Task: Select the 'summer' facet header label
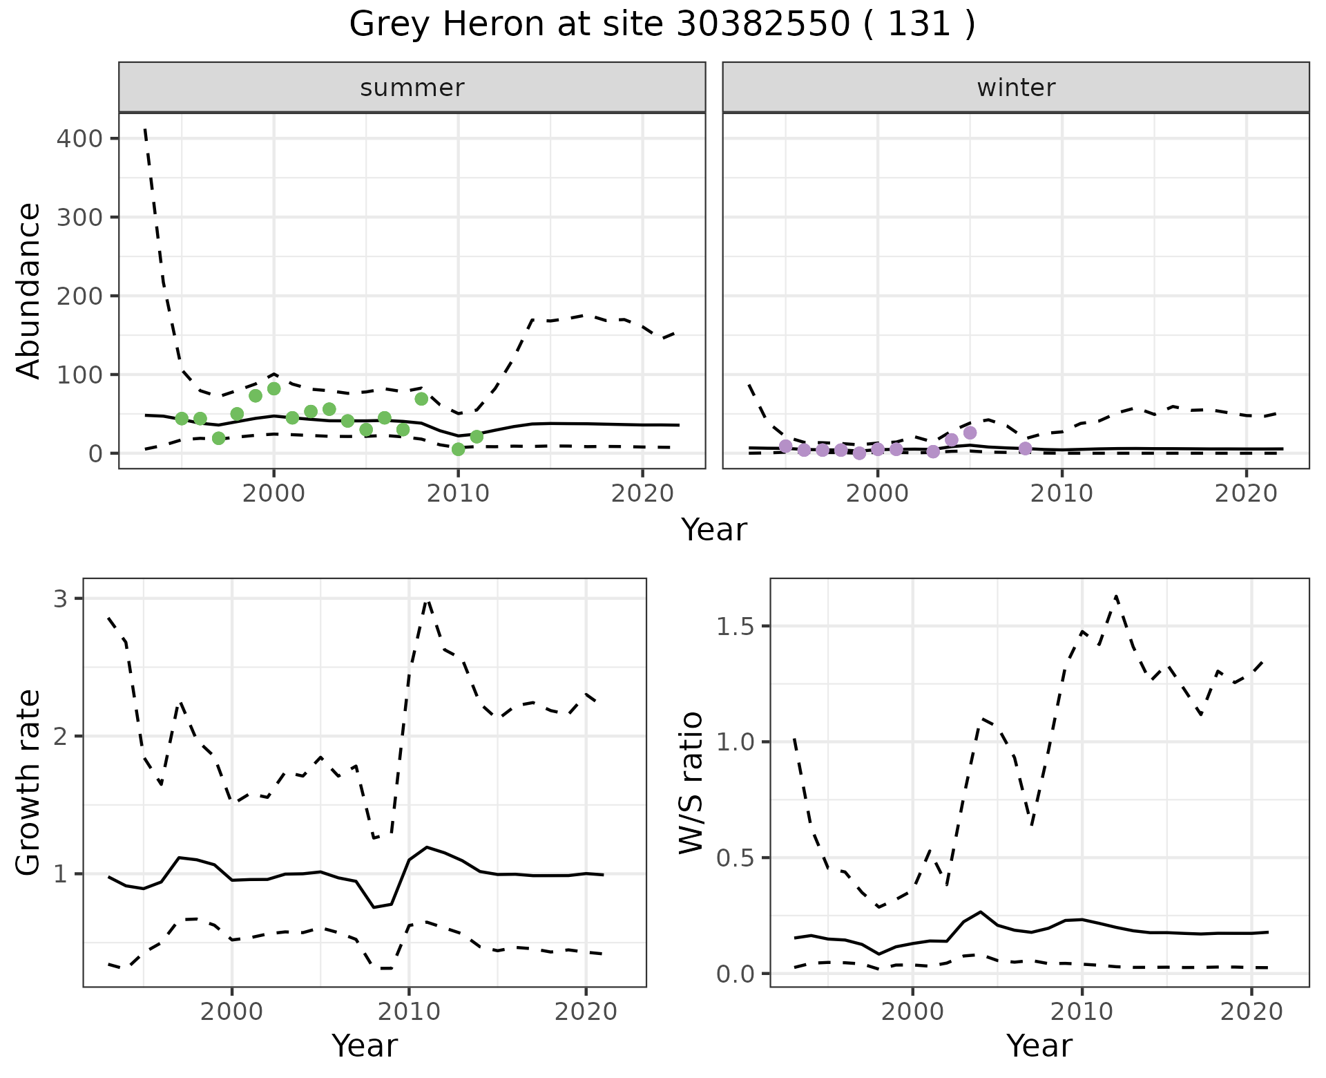click(412, 88)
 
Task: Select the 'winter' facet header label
click(1016, 88)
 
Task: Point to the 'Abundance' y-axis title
click(29, 290)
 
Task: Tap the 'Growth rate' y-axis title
click(29, 783)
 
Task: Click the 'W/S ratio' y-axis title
click(691, 783)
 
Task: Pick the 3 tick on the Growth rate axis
click(61, 598)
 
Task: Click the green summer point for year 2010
click(458, 449)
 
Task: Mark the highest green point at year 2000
click(273, 389)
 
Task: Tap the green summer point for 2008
click(421, 399)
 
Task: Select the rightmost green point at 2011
click(477, 437)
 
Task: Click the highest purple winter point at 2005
click(970, 433)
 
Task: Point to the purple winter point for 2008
click(1025, 448)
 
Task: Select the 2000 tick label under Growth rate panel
click(232, 1012)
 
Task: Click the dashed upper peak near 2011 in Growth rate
click(427, 600)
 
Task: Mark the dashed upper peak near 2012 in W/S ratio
click(1116, 596)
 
